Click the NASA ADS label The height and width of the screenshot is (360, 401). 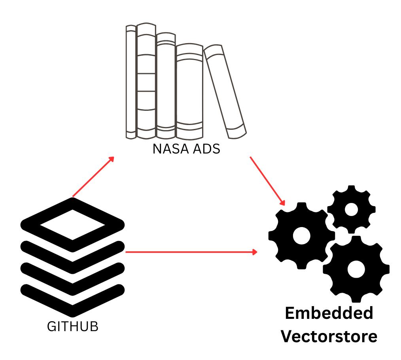click(186, 150)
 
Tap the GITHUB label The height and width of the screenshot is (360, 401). click(72, 327)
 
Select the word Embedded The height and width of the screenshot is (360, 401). click(329, 313)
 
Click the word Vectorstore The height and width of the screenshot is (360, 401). click(329, 337)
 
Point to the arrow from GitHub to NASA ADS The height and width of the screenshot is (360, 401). click(93, 176)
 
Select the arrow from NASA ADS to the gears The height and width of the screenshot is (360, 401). click(267, 180)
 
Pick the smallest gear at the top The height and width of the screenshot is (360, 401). click(351, 209)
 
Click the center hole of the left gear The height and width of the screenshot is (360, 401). click(301, 236)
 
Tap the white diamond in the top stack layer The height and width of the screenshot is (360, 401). click(72, 224)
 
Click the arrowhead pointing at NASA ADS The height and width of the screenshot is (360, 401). click(111, 159)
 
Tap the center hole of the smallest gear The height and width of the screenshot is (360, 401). click(351, 209)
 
